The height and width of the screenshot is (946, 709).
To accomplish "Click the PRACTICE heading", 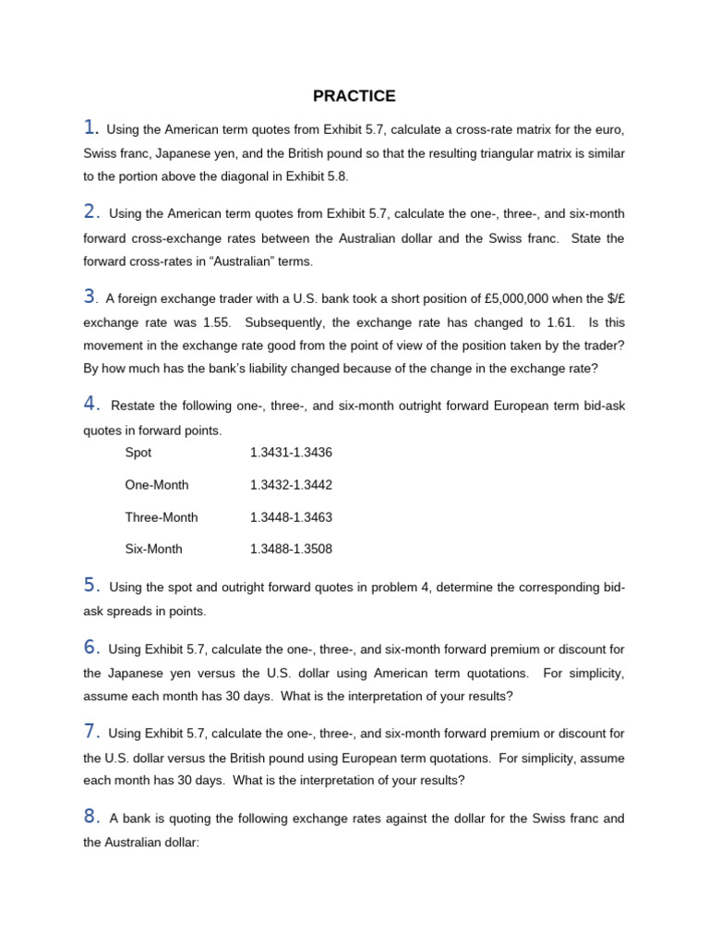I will click(354, 96).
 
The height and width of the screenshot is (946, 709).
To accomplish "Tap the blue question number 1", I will click(90, 127).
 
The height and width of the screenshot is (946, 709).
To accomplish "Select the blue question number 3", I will click(90, 297).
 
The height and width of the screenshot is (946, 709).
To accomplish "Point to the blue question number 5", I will click(90, 584).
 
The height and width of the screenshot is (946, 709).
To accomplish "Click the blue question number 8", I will click(90, 816).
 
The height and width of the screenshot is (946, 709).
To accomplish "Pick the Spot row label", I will click(138, 453).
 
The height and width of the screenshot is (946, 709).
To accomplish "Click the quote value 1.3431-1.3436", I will click(291, 453).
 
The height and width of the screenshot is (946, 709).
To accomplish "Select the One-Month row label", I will click(156, 485).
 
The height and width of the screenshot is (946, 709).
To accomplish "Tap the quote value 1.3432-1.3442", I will click(291, 485).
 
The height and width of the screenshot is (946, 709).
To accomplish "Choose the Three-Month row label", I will click(162, 516).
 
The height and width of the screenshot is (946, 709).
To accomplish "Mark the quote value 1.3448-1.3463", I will click(291, 516).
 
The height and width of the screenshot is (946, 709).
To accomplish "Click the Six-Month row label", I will click(154, 549).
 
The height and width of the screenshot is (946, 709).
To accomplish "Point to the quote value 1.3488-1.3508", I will click(291, 549).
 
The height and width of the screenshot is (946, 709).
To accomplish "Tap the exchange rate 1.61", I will click(559, 322).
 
